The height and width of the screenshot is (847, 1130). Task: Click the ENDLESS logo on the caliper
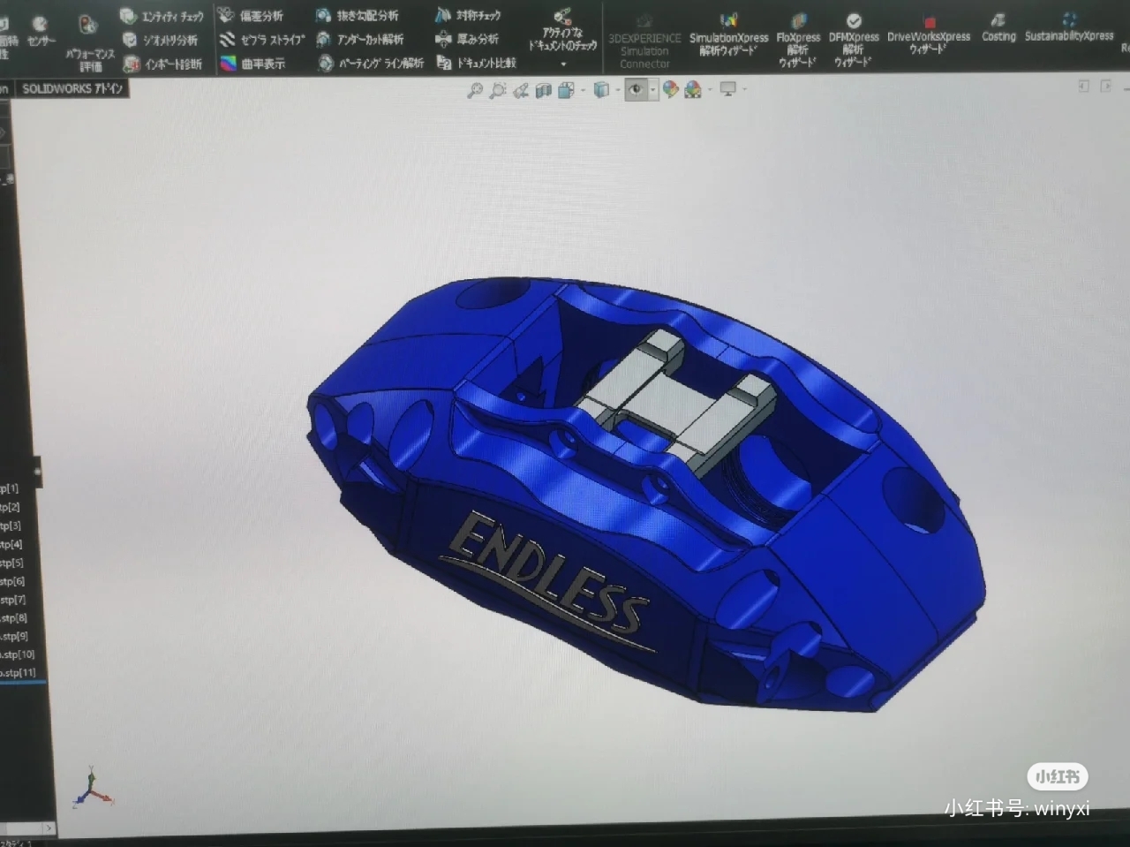pyautogui.click(x=546, y=575)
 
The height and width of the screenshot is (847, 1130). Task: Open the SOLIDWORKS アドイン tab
pyautogui.click(x=72, y=88)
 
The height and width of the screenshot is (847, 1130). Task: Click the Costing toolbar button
pyautogui.click(x=998, y=27)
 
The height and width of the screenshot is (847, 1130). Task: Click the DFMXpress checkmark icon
pyautogui.click(x=854, y=21)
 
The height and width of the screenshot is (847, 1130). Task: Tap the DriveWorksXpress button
pyautogui.click(x=928, y=34)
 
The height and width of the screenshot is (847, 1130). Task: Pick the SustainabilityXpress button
pyautogui.click(x=1069, y=27)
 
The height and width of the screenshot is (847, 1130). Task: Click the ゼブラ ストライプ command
pyautogui.click(x=263, y=40)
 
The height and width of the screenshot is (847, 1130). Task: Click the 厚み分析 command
pyautogui.click(x=468, y=39)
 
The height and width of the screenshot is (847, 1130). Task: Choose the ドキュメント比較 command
pyautogui.click(x=477, y=63)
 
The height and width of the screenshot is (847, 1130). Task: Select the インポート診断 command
pyautogui.click(x=163, y=64)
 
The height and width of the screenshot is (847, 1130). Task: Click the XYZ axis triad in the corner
pyautogui.click(x=92, y=788)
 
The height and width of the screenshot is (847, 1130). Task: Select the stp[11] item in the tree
pyautogui.click(x=19, y=673)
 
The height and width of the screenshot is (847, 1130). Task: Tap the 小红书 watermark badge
pyautogui.click(x=1058, y=776)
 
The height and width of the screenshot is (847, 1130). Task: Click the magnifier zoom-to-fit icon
pyautogui.click(x=475, y=90)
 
